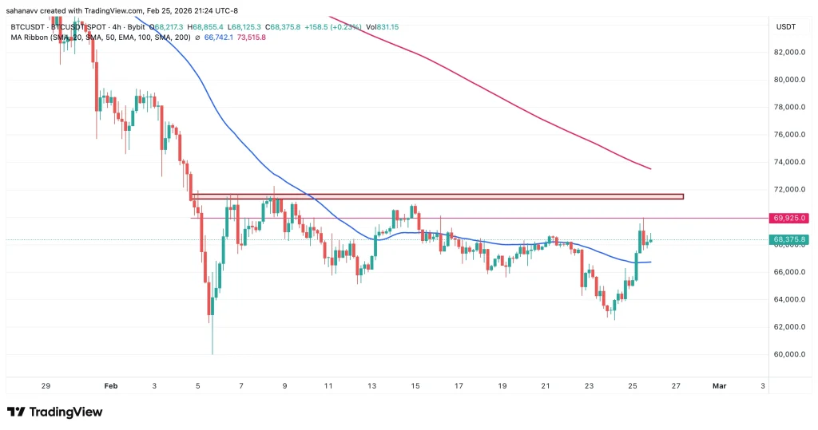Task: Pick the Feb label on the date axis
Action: pyautogui.click(x=110, y=385)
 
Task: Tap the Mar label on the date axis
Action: pyautogui.click(x=718, y=385)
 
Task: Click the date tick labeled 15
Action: pyautogui.click(x=415, y=385)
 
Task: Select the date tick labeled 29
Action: pyautogui.click(x=46, y=385)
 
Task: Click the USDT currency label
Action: pyautogui.click(x=786, y=26)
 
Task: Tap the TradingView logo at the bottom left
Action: pyautogui.click(x=54, y=412)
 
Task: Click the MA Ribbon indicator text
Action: pyautogui.click(x=29, y=37)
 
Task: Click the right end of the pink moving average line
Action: pyautogui.click(x=650, y=168)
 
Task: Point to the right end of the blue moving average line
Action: pyautogui.click(x=650, y=262)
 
